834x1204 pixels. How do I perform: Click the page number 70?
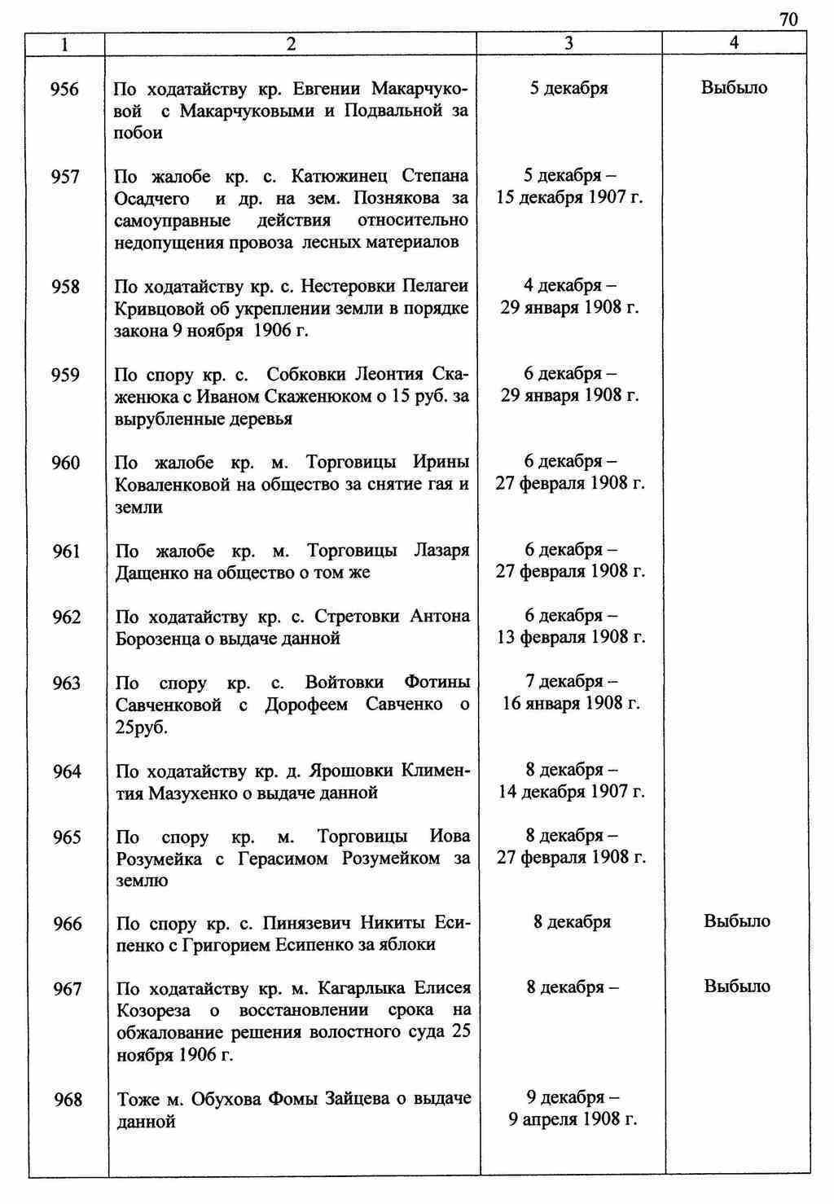point(788,20)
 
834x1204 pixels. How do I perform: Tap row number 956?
point(65,89)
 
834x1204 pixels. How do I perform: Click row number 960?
point(65,463)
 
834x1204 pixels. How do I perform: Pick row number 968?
point(68,1100)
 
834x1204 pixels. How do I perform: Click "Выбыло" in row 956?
point(734,88)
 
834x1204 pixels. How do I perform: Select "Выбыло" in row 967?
point(737,986)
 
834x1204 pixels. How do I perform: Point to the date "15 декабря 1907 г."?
point(569,198)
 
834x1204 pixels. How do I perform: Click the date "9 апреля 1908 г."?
point(572,1119)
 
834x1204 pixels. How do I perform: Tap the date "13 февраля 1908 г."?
point(571,637)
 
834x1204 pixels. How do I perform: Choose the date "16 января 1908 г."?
point(571,703)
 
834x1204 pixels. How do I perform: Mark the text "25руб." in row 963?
point(142,727)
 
